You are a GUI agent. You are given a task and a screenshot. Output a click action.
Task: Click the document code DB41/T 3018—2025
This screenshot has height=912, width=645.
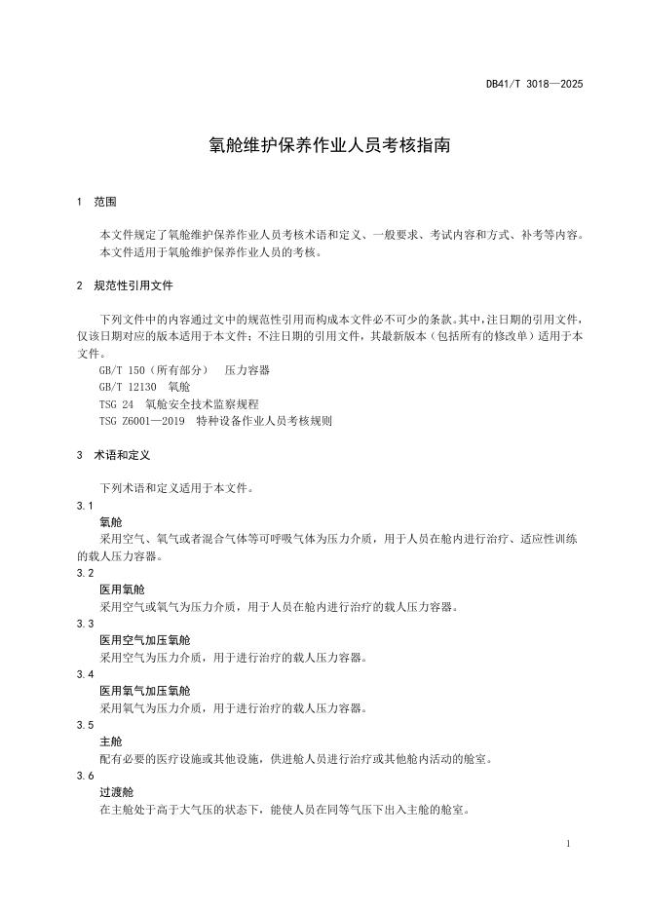click(534, 84)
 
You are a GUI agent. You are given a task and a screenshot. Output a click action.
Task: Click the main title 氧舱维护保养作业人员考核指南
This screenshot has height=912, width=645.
click(322, 145)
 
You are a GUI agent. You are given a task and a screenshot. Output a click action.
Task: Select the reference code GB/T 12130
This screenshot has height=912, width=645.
click(124, 387)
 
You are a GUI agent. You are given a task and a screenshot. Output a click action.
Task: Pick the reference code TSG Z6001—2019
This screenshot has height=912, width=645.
click(142, 420)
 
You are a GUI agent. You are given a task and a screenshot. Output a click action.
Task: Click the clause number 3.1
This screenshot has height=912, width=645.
click(85, 506)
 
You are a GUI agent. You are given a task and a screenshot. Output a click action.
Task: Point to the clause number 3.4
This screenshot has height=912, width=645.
click(85, 674)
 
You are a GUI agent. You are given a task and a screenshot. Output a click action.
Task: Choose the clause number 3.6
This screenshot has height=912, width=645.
click(85, 776)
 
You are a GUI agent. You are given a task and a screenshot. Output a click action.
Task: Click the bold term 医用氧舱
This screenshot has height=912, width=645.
click(122, 589)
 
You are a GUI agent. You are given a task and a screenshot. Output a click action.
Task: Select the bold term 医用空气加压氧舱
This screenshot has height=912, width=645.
click(145, 640)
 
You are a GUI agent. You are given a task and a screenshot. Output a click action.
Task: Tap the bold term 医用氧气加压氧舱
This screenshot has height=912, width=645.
click(145, 691)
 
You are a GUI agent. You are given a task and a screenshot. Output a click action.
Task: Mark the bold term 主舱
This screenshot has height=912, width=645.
click(110, 741)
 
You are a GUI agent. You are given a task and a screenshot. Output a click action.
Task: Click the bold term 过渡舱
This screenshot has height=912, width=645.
click(116, 792)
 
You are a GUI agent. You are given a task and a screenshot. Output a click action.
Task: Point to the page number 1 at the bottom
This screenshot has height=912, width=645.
click(567, 843)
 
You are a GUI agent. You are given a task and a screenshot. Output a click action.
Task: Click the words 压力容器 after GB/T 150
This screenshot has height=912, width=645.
click(247, 370)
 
